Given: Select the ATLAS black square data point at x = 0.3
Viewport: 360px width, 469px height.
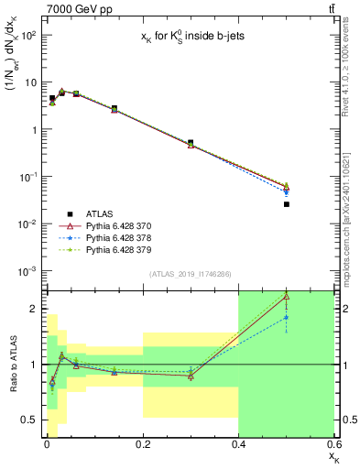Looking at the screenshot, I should point(191,143).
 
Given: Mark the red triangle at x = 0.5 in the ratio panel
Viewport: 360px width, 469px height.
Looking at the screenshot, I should point(287,297).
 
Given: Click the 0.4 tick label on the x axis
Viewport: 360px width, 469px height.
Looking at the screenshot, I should point(238,444).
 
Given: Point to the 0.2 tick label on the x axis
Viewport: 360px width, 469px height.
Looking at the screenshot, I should point(142,444).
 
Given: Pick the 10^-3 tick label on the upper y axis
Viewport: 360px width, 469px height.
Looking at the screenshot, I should point(28,271).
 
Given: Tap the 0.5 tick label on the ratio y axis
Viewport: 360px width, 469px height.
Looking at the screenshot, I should point(28,420).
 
